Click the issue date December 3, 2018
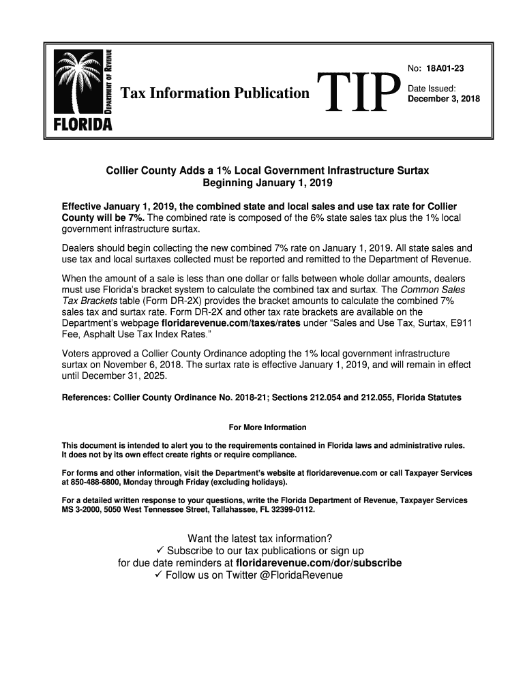click(443, 99)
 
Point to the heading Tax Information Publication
click(215, 93)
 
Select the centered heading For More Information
click(267, 427)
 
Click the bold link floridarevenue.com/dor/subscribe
click(318, 563)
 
